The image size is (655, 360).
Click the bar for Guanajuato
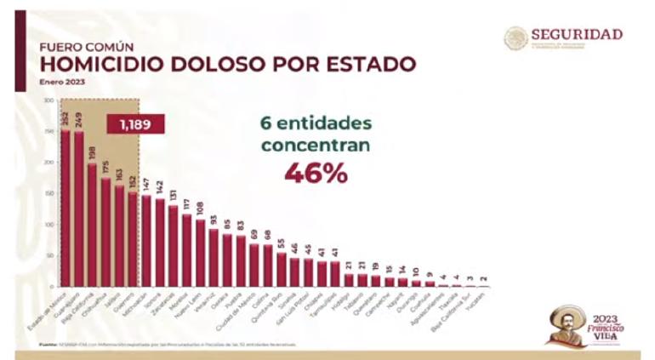(x=79, y=209)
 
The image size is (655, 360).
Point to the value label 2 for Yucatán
(x=484, y=277)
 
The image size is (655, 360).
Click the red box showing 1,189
(x=134, y=125)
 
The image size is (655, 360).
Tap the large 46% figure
(x=316, y=173)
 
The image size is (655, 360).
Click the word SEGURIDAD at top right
(x=577, y=35)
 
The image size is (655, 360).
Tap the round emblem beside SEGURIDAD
(x=515, y=37)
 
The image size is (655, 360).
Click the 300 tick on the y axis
(x=48, y=100)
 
